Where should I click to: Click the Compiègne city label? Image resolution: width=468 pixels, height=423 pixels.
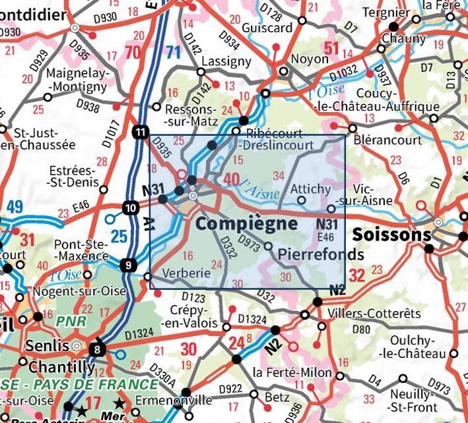pos(246,224)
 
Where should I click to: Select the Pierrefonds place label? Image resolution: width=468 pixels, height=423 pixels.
pos(321,254)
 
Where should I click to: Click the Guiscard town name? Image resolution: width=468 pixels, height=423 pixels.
pos(267,28)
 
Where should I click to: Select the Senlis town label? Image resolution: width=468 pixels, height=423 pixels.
pos(48,345)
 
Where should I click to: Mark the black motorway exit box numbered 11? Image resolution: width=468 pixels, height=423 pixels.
pos(140,132)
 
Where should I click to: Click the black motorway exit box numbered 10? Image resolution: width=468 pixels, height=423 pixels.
pos(130,210)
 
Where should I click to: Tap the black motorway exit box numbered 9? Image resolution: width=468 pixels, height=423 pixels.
pos(129,266)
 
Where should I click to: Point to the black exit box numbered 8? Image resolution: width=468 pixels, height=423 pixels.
pos(98,350)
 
